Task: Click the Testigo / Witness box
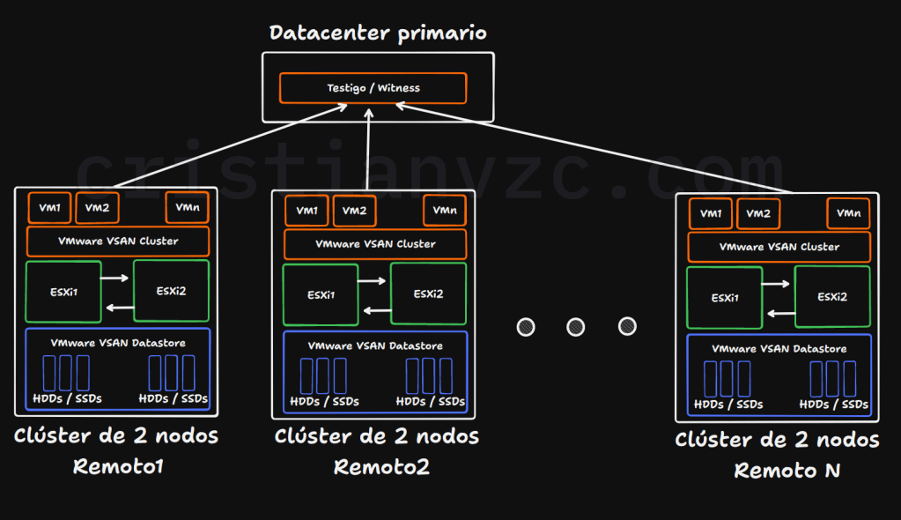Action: [373, 88]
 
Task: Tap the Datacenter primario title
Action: [378, 33]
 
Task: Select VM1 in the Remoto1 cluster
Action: [50, 208]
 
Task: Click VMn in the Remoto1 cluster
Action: [187, 208]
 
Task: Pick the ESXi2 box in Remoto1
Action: [171, 291]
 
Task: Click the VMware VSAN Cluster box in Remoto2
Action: [375, 244]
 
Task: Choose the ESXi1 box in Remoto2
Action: [321, 295]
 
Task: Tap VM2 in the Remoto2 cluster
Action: [354, 212]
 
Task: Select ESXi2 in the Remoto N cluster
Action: [831, 297]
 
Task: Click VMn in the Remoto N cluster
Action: [848, 213]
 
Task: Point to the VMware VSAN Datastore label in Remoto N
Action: [779, 349]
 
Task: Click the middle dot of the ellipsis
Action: [576, 327]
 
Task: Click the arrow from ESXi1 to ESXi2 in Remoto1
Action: [114, 279]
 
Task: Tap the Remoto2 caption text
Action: [381, 467]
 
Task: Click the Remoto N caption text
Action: [787, 471]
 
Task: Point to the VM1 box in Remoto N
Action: [710, 213]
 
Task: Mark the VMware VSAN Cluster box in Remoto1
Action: [118, 241]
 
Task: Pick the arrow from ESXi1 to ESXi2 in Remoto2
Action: [372, 282]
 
